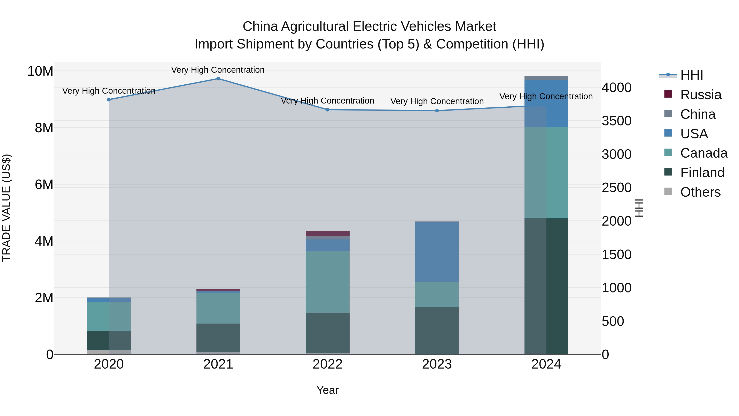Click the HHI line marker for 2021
tap(218, 79)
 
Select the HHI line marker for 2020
tap(109, 100)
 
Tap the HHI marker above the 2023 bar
tap(437, 111)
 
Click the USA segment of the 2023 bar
tap(437, 252)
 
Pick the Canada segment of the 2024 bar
tap(546, 173)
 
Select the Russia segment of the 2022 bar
tap(328, 234)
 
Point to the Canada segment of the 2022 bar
tap(328, 282)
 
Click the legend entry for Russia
tap(701, 95)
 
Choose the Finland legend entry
tap(702, 173)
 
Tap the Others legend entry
tap(700, 192)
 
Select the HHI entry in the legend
tap(691, 75)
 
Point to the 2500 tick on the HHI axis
tap(616, 188)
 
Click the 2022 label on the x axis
tap(328, 364)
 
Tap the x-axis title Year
tap(328, 390)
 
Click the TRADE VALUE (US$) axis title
tap(6, 208)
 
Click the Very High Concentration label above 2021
tap(218, 70)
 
